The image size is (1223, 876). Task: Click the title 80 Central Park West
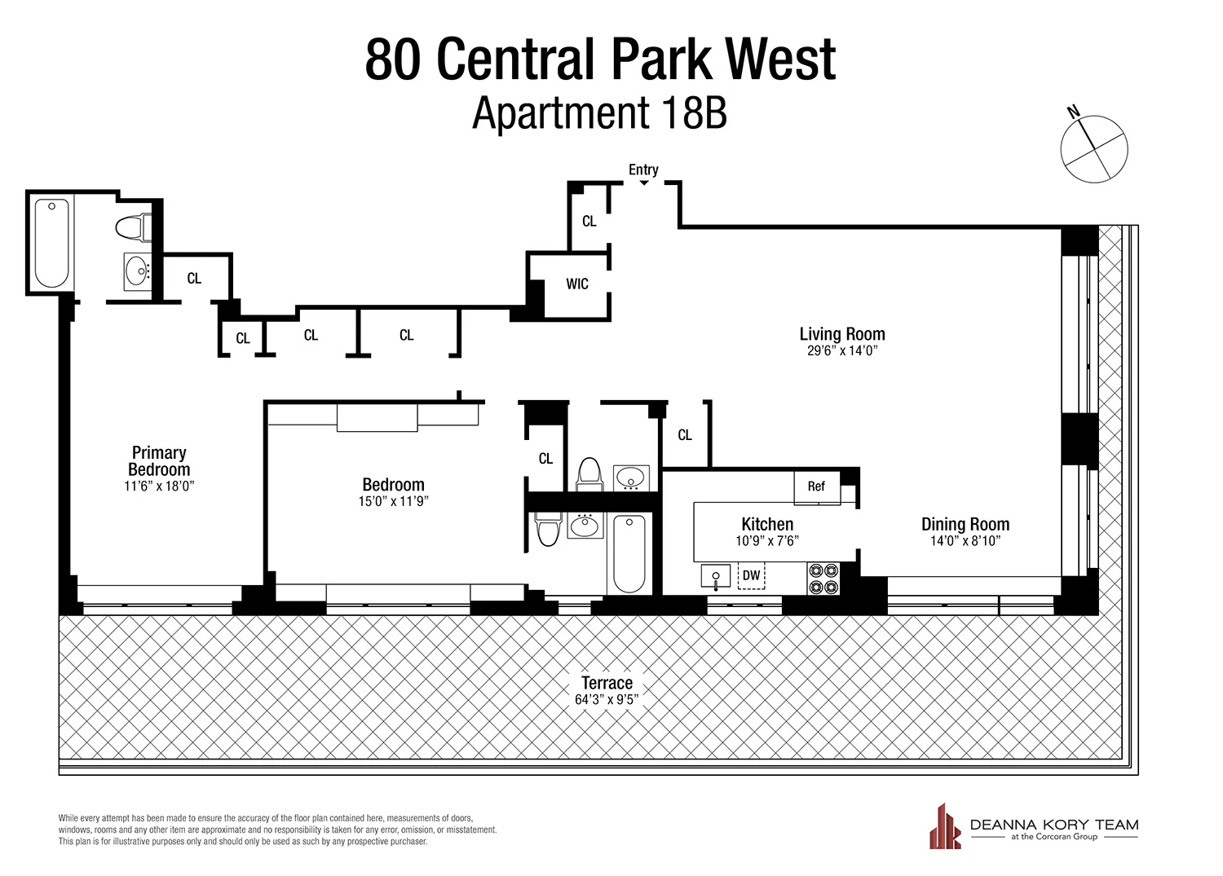(x=600, y=59)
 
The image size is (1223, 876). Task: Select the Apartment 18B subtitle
(x=599, y=113)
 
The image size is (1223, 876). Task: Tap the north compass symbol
(x=1093, y=148)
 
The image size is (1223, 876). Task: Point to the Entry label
(x=643, y=169)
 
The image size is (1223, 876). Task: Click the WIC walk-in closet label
(x=577, y=284)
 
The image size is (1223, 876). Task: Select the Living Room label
(x=841, y=334)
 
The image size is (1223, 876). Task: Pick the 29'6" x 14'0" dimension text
(x=841, y=351)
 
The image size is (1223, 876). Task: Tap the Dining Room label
(x=965, y=524)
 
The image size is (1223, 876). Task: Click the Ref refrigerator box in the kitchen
(x=816, y=486)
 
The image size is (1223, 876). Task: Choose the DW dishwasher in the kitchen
(x=751, y=575)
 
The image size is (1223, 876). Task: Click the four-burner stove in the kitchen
(x=823, y=578)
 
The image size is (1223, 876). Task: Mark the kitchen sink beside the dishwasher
(x=716, y=577)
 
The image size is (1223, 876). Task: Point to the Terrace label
(x=607, y=683)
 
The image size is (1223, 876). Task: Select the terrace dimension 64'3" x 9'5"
(x=607, y=699)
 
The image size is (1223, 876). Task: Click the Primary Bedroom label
(x=159, y=461)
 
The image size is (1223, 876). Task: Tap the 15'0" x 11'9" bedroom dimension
(x=393, y=501)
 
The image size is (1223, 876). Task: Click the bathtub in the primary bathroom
(x=51, y=243)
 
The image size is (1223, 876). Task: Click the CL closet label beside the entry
(x=589, y=221)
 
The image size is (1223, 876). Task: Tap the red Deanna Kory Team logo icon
(x=945, y=826)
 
